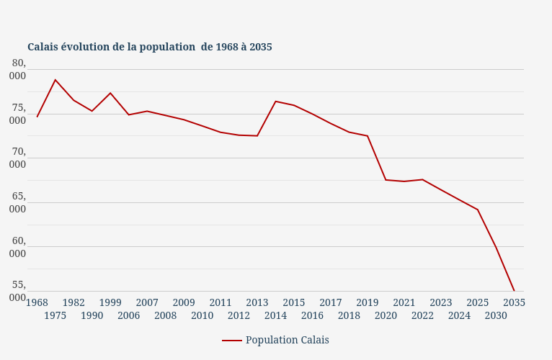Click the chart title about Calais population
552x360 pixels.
pos(150,47)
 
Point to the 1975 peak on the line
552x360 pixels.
pos(55,80)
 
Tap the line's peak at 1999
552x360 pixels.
pos(110,93)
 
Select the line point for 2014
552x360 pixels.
pos(275,102)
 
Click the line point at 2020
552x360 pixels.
pos(386,180)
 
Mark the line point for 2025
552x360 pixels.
pos(478,210)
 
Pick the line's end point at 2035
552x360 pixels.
pos(514,291)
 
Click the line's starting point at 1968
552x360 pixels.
pos(37,117)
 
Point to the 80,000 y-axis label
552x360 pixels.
pos(18,70)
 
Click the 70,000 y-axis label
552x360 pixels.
pos(18,158)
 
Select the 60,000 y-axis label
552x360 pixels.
pos(18,247)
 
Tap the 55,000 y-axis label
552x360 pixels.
pos(18,291)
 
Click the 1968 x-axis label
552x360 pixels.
pos(37,302)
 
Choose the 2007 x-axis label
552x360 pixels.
pos(147,302)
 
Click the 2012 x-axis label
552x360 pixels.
pos(239,315)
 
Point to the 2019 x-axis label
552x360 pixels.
pos(368,302)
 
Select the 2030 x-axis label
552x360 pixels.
pos(496,315)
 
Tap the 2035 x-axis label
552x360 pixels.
pos(514,302)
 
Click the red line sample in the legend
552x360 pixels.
pos(231,341)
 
